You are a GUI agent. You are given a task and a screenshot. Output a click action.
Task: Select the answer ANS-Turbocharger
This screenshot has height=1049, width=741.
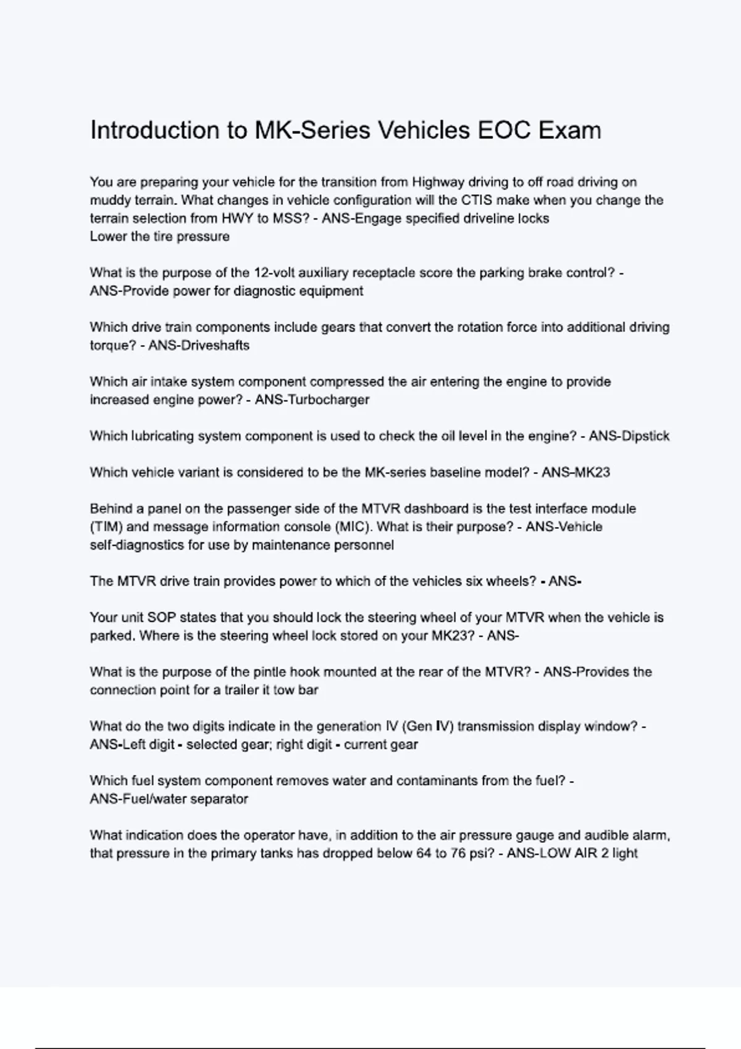[312, 400]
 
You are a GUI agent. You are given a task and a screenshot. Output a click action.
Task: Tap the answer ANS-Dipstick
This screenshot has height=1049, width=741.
[629, 436]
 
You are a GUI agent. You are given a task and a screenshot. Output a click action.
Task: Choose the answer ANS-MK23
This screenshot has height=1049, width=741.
[576, 473]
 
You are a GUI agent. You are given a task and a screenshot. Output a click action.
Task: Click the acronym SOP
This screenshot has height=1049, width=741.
[162, 618]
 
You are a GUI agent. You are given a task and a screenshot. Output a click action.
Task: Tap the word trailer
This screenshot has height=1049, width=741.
[232, 690]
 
